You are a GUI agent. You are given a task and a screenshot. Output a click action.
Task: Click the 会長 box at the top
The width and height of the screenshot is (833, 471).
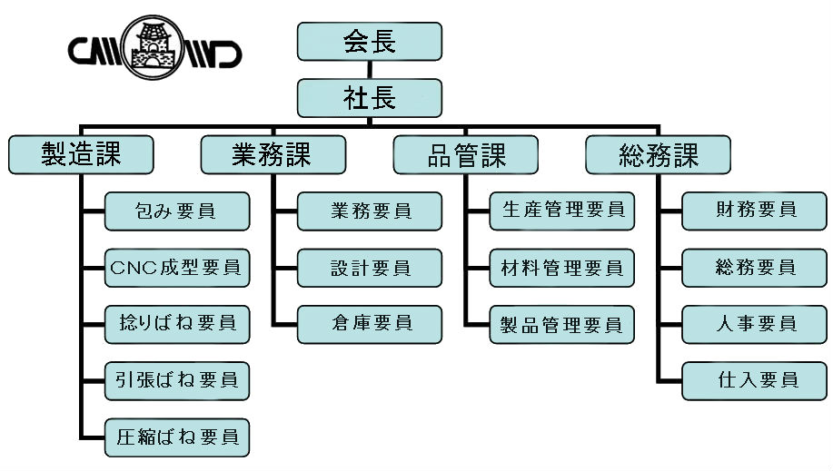(369, 42)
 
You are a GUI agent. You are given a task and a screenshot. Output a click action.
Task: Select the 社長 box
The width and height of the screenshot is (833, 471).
(369, 98)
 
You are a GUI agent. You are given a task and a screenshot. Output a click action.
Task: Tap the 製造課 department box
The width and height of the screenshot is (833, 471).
(81, 154)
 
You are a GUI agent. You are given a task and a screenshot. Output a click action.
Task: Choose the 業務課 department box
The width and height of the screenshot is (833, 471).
(273, 154)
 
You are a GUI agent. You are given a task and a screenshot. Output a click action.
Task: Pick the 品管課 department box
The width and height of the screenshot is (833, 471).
(466, 154)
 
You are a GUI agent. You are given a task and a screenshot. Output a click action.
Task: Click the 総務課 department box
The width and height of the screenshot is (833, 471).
(659, 154)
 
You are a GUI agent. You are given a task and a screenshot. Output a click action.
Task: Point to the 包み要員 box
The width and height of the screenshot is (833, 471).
(177, 211)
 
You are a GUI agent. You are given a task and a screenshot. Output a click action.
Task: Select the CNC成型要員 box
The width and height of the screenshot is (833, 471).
(177, 268)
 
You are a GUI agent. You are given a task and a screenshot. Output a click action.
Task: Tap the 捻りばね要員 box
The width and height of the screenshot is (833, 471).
(177, 325)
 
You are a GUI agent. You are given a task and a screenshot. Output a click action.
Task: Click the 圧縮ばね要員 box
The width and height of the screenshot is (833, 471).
(177, 437)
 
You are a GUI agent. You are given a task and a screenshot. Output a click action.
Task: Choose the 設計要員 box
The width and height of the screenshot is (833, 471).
(369, 268)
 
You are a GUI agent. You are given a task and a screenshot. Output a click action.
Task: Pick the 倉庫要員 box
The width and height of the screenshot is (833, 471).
(369, 325)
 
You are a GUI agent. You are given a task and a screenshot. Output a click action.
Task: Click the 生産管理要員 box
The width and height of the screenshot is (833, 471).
(562, 211)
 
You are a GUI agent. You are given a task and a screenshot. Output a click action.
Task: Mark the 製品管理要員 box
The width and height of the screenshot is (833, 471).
(562, 325)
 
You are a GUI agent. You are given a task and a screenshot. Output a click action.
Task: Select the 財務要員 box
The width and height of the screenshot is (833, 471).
(754, 211)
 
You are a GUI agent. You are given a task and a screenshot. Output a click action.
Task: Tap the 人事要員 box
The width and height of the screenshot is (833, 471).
(754, 325)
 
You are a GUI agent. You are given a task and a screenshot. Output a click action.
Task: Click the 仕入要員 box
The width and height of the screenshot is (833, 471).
(754, 381)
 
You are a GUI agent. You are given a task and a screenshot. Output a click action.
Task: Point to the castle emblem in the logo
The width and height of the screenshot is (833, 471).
(153, 48)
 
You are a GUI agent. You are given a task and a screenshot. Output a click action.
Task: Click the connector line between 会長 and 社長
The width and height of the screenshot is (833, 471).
(369, 70)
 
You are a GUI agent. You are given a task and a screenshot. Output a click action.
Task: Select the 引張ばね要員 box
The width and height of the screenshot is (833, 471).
(177, 381)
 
